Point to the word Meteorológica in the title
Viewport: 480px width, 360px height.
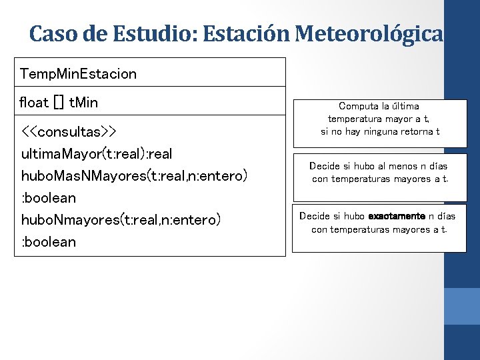369,33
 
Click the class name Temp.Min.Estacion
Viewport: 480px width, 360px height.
79,73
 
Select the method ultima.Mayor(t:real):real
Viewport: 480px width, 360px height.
97,154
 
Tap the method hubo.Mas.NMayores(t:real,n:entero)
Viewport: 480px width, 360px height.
134,176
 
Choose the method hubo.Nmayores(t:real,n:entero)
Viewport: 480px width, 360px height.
121,220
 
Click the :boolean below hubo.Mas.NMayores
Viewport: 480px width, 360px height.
49,198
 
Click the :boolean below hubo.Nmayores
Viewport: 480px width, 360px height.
49,242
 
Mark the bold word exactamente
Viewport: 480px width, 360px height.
397,216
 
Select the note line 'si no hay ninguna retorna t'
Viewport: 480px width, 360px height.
380,131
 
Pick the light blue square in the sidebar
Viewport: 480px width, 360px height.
462,306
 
